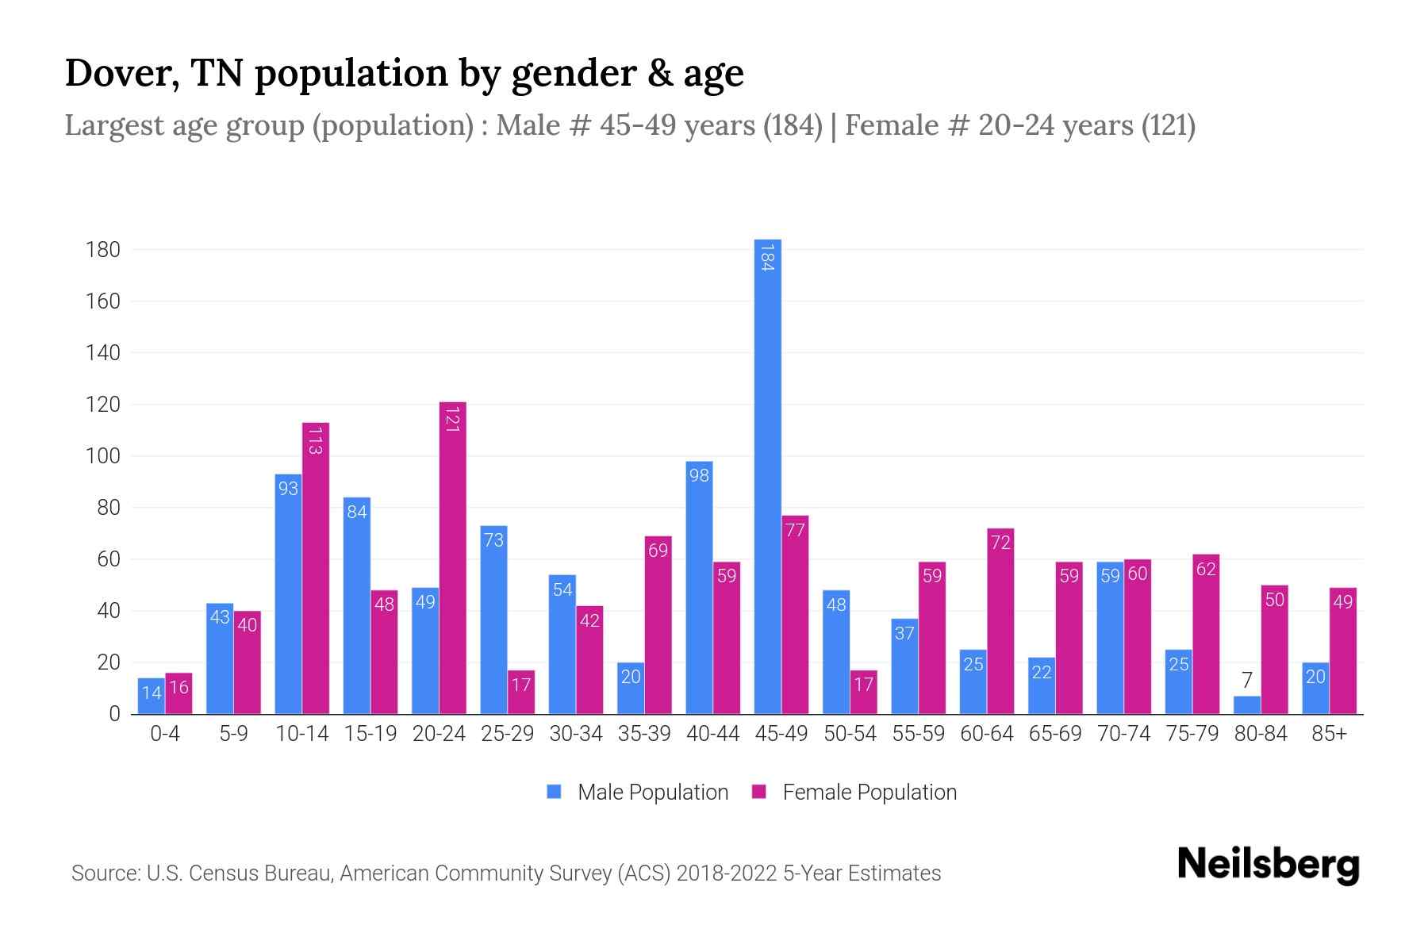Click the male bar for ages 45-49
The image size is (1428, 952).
[x=767, y=476]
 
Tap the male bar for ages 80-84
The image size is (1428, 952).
[x=1246, y=705]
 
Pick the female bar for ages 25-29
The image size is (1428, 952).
[x=521, y=693]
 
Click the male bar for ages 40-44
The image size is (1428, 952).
[x=699, y=587]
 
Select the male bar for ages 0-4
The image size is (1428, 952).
[x=152, y=697]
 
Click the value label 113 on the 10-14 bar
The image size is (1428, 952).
[x=315, y=440]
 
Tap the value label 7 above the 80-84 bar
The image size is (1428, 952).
[x=1247, y=681]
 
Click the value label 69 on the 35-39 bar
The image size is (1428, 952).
[x=658, y=551]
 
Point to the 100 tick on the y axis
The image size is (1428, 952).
[x=103, y=456]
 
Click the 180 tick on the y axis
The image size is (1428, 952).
[x=103, y=250]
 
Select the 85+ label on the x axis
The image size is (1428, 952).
[x=1329, y=734]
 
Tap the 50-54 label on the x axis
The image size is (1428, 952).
[x=850, y=734]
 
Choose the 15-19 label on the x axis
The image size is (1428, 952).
[x=370, y=734]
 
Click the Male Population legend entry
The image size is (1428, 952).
[x=638, y=792]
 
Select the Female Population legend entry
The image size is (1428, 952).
[x=854, y=792]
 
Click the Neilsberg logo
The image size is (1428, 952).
[x=1268, y=865]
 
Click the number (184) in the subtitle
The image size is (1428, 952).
[x=793, y=125]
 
